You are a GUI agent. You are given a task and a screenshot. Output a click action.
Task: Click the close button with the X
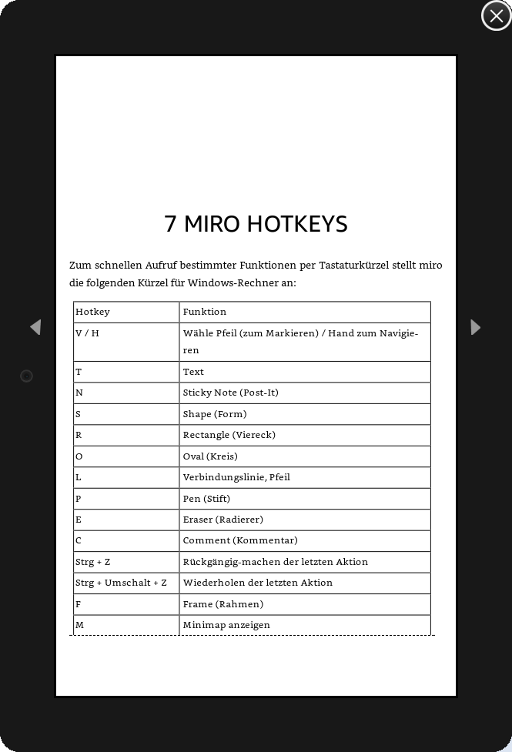click(x=496, y=16)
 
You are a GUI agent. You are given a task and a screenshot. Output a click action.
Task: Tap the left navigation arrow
click(x=35, y=327)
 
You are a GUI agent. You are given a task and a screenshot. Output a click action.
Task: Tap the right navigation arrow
click(x=475, y=327)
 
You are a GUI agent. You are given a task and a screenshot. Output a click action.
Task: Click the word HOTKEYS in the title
click(x=296, y=224)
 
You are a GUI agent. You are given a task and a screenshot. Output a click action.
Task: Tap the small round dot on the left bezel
click(x=26, y=376)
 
